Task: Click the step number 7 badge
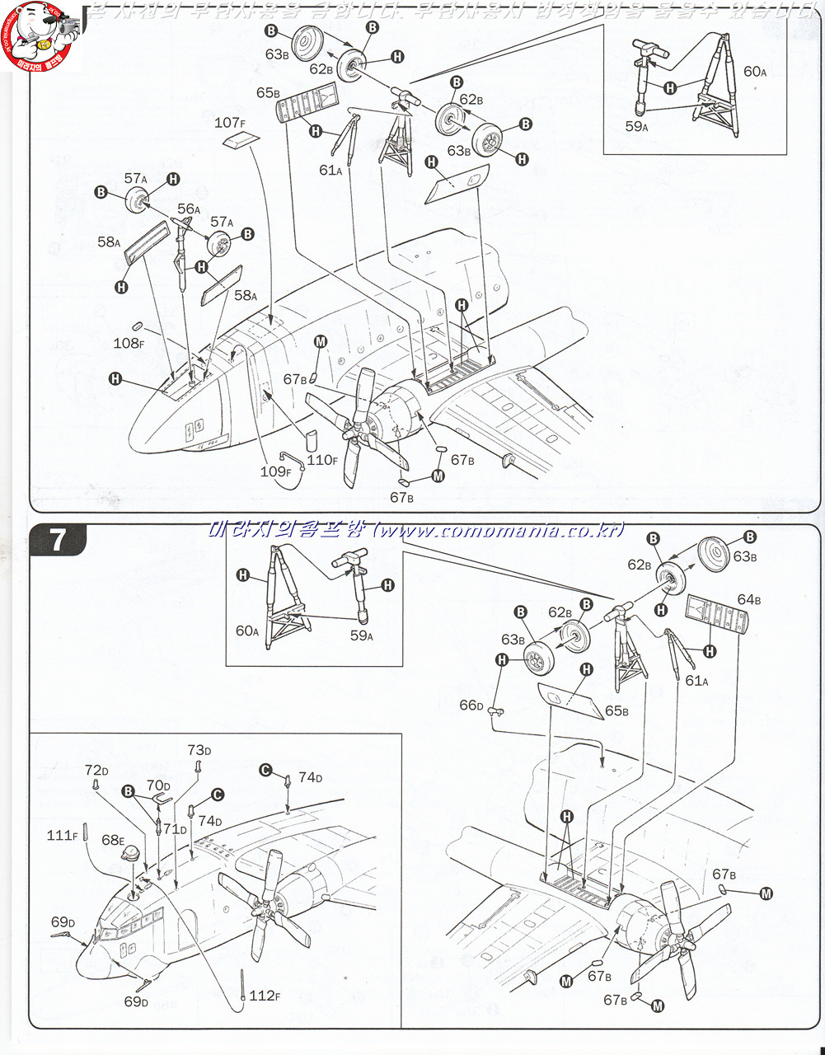58,540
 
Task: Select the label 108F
129,343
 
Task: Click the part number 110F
321,460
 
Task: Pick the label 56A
189,209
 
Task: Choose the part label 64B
748,599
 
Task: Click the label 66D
471,705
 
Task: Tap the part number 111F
62,836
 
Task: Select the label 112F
265,996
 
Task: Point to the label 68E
112,840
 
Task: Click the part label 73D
199,750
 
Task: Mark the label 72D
96,770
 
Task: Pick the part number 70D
158,786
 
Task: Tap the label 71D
175,828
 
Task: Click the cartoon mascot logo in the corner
37,37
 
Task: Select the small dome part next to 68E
130,858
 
